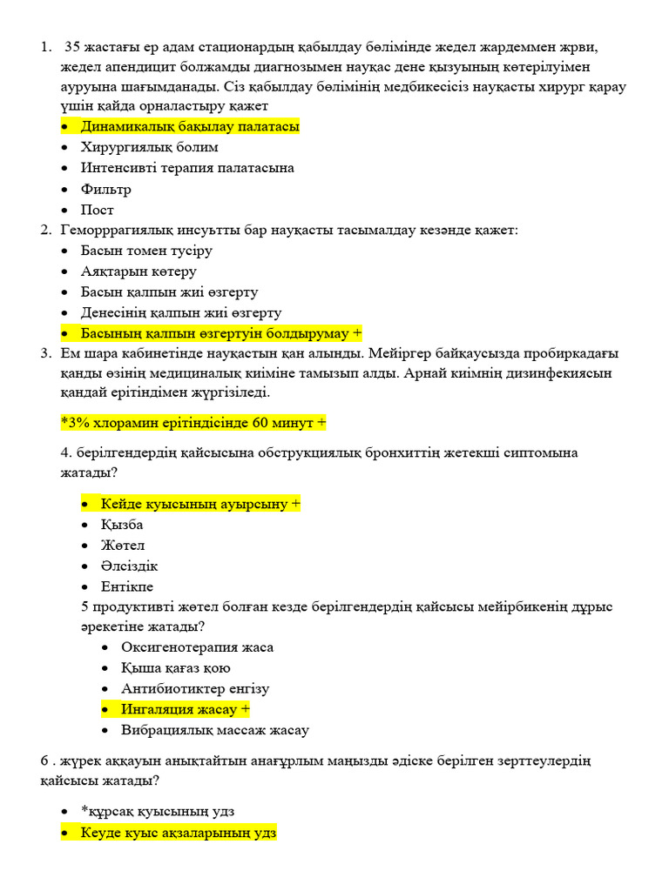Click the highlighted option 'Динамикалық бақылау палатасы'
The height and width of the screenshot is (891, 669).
tap(190, 126)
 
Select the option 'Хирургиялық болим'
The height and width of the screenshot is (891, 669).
tap(149, 147)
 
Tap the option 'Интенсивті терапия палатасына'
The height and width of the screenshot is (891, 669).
tap(187, 168)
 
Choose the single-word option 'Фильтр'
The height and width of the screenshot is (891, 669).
tap(106, 189)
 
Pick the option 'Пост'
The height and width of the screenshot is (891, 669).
tap(98, 210)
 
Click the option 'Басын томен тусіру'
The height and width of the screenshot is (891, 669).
tap(146, 251)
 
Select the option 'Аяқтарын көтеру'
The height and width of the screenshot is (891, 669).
tap(139, 271)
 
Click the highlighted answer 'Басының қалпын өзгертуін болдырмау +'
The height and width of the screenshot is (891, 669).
tap(221, 333)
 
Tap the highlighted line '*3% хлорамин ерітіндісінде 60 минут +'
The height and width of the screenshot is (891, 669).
tap(193, 423)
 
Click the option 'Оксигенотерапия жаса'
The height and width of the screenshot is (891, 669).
tap(197, 647)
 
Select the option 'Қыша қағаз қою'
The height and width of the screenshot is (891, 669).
tap(176, 668)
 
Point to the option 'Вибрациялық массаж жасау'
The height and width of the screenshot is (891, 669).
tap(215, 730)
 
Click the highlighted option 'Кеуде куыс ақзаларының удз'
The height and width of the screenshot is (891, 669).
tap(179, 833)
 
